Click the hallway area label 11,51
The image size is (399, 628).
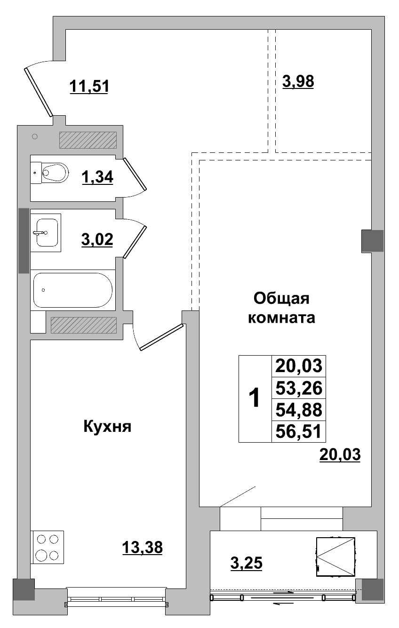89,87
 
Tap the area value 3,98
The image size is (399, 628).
298,81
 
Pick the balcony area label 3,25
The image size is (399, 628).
246,562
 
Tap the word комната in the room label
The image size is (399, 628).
281,318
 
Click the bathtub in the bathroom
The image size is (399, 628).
72,290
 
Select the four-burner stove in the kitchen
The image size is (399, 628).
48,547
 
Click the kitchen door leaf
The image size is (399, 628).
160,337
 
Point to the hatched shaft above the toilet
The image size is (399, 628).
88,140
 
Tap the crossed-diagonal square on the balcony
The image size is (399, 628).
335,556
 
